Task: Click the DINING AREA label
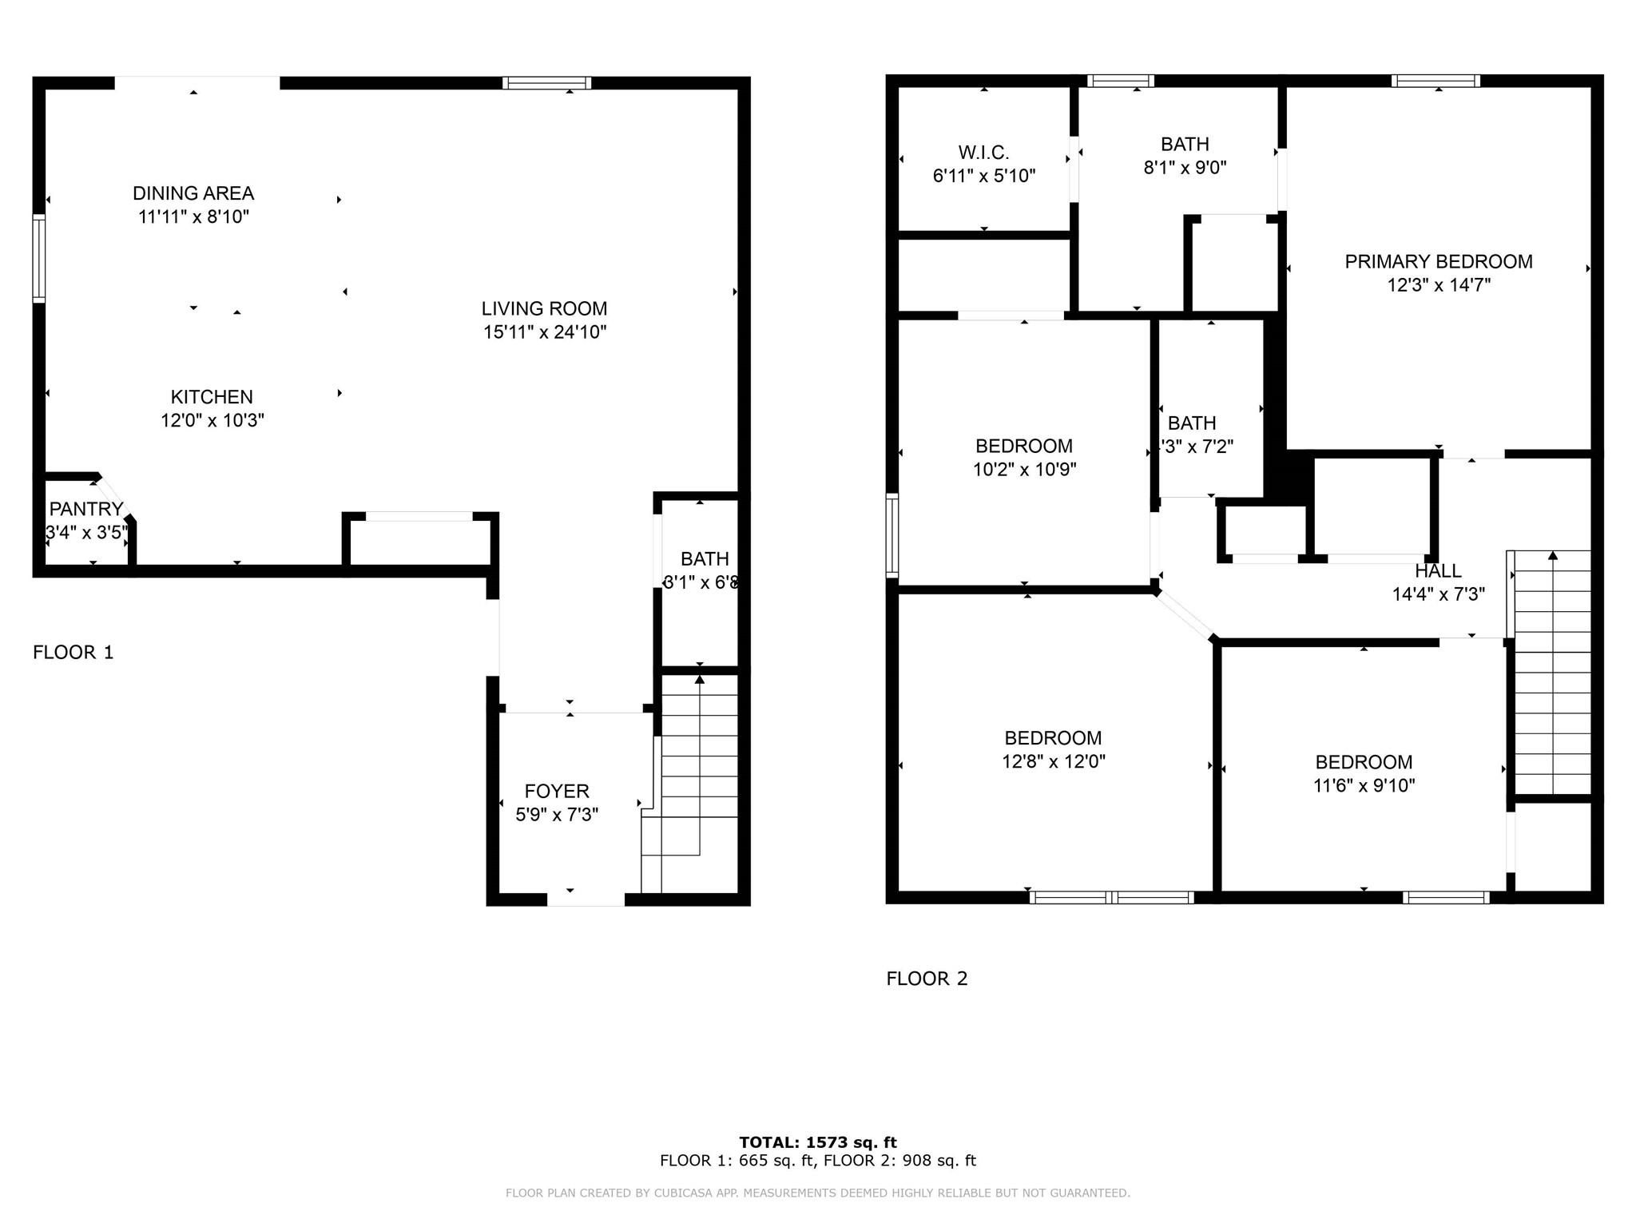tap(193, 193)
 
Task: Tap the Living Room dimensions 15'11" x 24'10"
tap(545, 332)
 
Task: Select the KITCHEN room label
tap(212, 397)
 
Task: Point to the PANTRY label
tap(85, 510)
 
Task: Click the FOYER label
tap(557, 792)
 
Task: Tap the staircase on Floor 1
tap(699, 783)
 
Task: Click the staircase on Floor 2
tap(1552, 671)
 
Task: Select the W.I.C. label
tap(983, 153)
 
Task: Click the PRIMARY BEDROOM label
tap(1438, 262)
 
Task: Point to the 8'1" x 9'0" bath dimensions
tap(1185, 168)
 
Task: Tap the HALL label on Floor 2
tap(1438, 571)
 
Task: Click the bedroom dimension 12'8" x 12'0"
tap(1053, 762)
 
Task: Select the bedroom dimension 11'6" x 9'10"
tap(1364, 786)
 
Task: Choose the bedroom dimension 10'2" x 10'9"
tap(1024, 470)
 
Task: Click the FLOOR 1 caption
tap(73, 653)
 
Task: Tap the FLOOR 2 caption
tap(927, 979)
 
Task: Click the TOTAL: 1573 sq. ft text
tap(817, 1142)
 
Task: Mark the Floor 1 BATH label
tap(705, 559)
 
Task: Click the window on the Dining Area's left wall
tap(38, 258)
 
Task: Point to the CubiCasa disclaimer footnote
tap(817, 1193)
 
